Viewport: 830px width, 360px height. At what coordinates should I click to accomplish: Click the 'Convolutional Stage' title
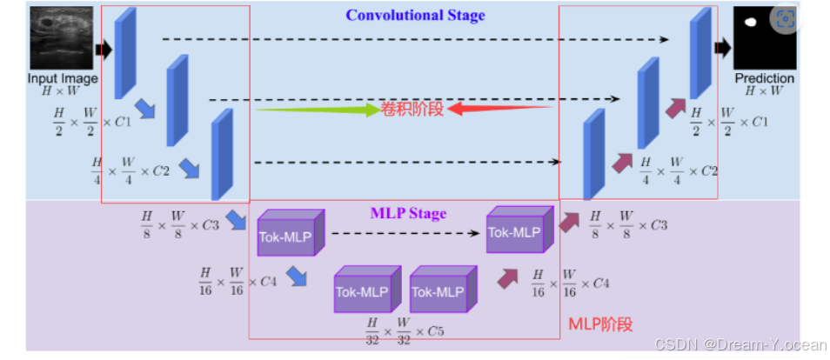(415, 15)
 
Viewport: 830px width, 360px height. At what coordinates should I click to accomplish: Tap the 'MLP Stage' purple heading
(408, 213)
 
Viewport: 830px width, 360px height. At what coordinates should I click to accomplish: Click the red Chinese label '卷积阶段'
(412, 109)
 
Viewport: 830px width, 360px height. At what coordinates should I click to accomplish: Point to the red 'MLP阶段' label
(600, 323)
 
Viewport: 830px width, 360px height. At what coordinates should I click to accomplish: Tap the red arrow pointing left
(501, 109)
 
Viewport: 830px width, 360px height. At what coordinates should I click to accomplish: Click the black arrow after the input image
(104, 50)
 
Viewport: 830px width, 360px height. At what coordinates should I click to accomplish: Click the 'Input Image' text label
(61, 78)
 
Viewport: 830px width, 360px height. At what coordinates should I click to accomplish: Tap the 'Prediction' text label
(765, 78)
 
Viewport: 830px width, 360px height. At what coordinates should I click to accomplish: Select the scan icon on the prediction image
(785, 19)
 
